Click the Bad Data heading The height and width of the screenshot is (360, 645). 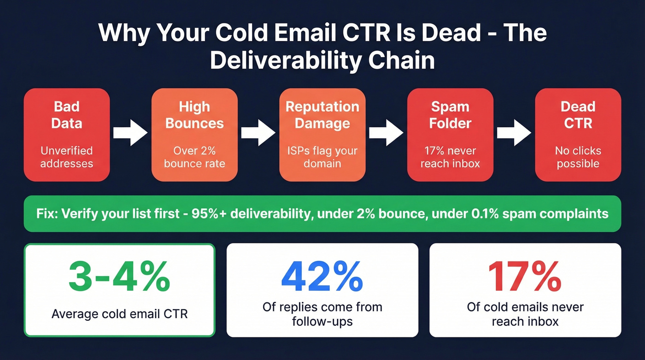coord(67,115)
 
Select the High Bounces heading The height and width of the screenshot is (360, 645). coord(194,115)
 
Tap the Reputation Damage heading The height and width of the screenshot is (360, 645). coord(322,115)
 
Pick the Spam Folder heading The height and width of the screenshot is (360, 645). coord(450,115)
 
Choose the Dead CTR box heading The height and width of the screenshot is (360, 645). coord(578,115)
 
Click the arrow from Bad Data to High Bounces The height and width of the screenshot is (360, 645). coord(130,133)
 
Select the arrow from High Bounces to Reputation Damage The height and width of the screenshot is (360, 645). coord(258,133)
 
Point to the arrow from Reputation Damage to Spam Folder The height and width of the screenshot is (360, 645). coord(386,133)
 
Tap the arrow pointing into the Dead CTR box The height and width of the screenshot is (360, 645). coord(514,133)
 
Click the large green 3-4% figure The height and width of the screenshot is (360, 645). coord(119,277)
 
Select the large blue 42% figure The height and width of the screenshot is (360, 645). coord(322,277)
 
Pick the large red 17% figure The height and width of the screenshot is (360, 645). coord(525,277)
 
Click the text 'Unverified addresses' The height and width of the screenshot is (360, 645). coord(67,157)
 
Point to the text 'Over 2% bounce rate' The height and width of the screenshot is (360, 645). coord(194,157)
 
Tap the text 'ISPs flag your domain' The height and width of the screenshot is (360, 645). coord(322,157)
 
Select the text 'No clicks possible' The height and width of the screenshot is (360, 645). coord(578,157)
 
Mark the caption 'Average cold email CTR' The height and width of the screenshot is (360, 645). coord(119,314)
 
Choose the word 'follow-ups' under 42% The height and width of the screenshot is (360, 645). coord(322,320)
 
